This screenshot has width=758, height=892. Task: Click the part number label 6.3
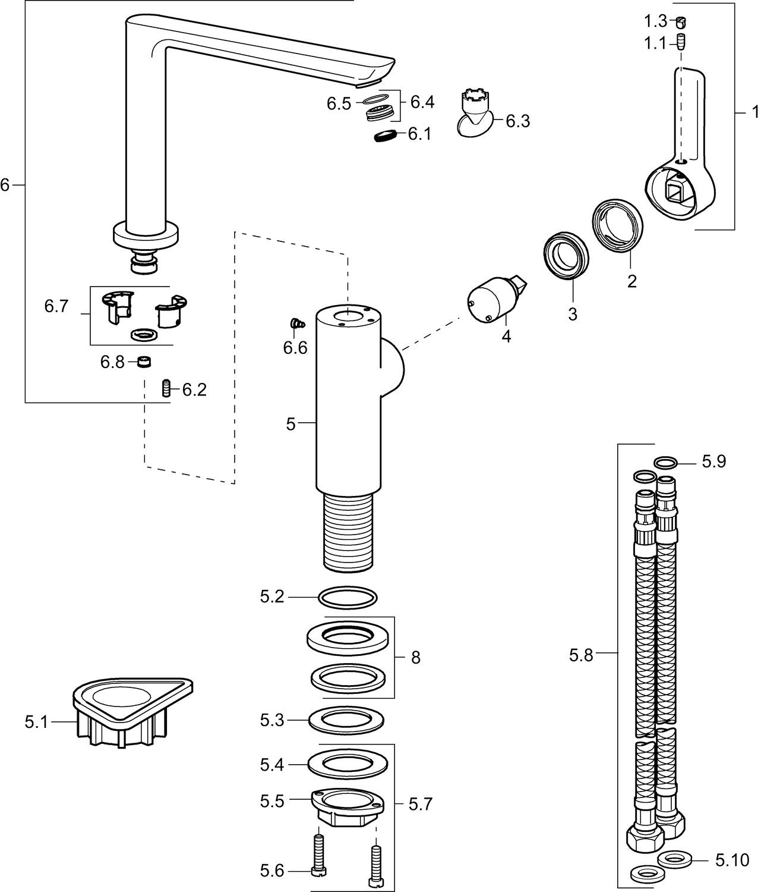coord(517,121)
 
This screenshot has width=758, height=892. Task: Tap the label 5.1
coord(36,722)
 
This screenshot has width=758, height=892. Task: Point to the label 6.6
coord(295,347)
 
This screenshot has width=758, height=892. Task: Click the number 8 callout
coord(415,657)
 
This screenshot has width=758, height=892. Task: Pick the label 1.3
coord(656,22)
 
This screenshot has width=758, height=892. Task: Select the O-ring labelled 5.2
coord(348,597)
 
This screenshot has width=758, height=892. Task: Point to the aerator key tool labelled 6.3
coord(476,113)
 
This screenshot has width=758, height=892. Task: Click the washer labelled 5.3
coord(346,721)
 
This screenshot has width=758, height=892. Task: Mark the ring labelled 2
coord(618,226)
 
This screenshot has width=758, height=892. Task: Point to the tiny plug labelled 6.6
coord(296,323)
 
